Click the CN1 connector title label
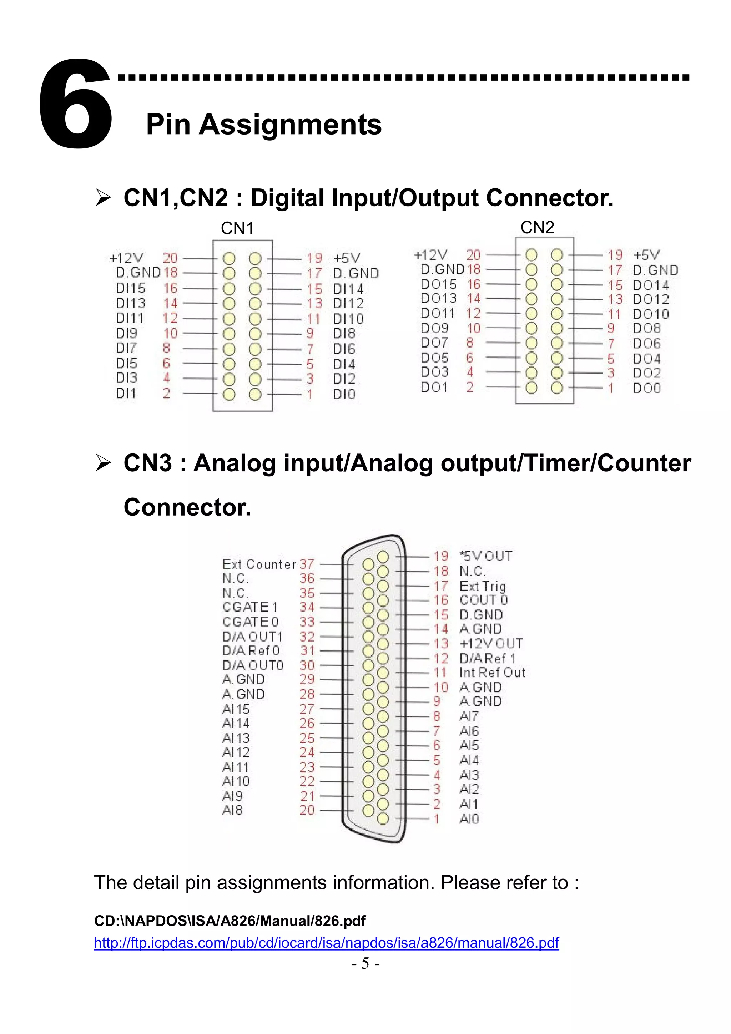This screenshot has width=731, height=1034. coord(237,228)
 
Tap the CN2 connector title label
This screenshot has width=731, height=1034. coord(537,227)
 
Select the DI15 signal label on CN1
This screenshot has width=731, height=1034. coord(131,288)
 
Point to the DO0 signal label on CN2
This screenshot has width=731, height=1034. coord(647,388)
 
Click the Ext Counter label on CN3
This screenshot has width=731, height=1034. coord(259,564)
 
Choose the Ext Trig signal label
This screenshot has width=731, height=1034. coord(483,586)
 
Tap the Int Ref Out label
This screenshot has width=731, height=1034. coord(492,673)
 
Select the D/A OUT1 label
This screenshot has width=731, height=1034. coord(253,636)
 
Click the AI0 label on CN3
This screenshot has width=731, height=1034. coord(469,819)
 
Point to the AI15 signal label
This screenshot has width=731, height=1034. coord(236,709)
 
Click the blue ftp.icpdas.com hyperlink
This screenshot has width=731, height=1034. coord(326,943)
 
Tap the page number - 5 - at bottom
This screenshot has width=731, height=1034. coord(365,963)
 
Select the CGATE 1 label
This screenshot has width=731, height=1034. coord(251,607)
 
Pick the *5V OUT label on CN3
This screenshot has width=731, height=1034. coord(485,556)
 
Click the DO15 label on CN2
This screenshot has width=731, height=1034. coord(438,284)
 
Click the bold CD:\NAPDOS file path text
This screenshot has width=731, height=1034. coord(230,921)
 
